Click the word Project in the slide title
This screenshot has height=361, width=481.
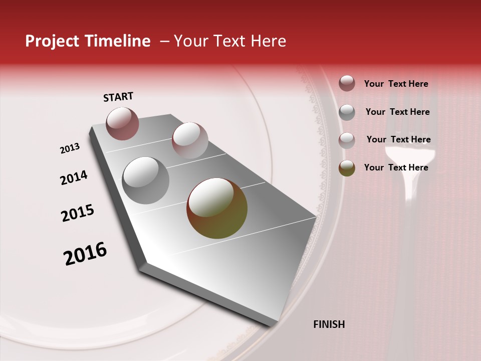[50, 41]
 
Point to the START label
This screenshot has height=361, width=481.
[118, 97]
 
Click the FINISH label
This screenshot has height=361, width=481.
[329, 324]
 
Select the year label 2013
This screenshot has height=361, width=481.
[70, 148]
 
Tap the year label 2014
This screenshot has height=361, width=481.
[74, 178]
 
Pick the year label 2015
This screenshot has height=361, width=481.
[78, 213]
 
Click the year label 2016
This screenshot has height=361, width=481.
[85, 254]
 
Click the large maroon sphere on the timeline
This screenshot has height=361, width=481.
[122, 123]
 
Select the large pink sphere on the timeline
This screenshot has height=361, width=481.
[189, 140]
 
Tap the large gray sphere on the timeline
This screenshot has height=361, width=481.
[145, 180]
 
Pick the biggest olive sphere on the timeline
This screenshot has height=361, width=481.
[216, 208]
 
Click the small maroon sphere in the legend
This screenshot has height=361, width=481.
[347, 83]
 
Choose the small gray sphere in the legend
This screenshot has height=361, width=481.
[347, 112]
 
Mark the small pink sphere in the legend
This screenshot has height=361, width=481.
[347, 140]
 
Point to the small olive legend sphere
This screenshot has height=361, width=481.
[347, 168]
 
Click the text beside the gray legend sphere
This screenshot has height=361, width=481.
[397, 112]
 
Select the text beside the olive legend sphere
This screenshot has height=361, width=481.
[396, 167]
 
